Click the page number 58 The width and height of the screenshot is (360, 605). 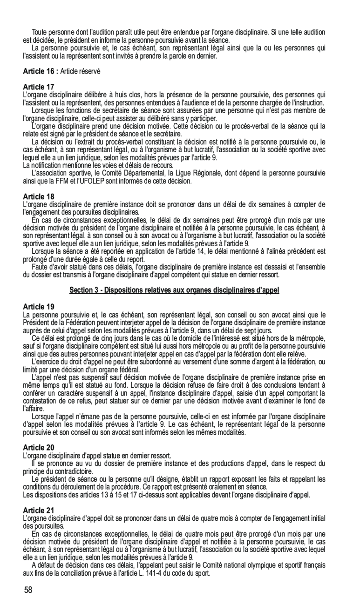tap(28, 590)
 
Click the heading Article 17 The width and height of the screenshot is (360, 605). tap(39, 87)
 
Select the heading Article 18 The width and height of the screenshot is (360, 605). tap(39, 196)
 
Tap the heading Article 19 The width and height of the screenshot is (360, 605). tap(39, 306)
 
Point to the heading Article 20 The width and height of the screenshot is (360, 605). tap(39, 447)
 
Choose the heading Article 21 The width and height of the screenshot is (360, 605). tap(39, 510)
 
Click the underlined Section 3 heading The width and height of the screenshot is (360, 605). tap(174, 290)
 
